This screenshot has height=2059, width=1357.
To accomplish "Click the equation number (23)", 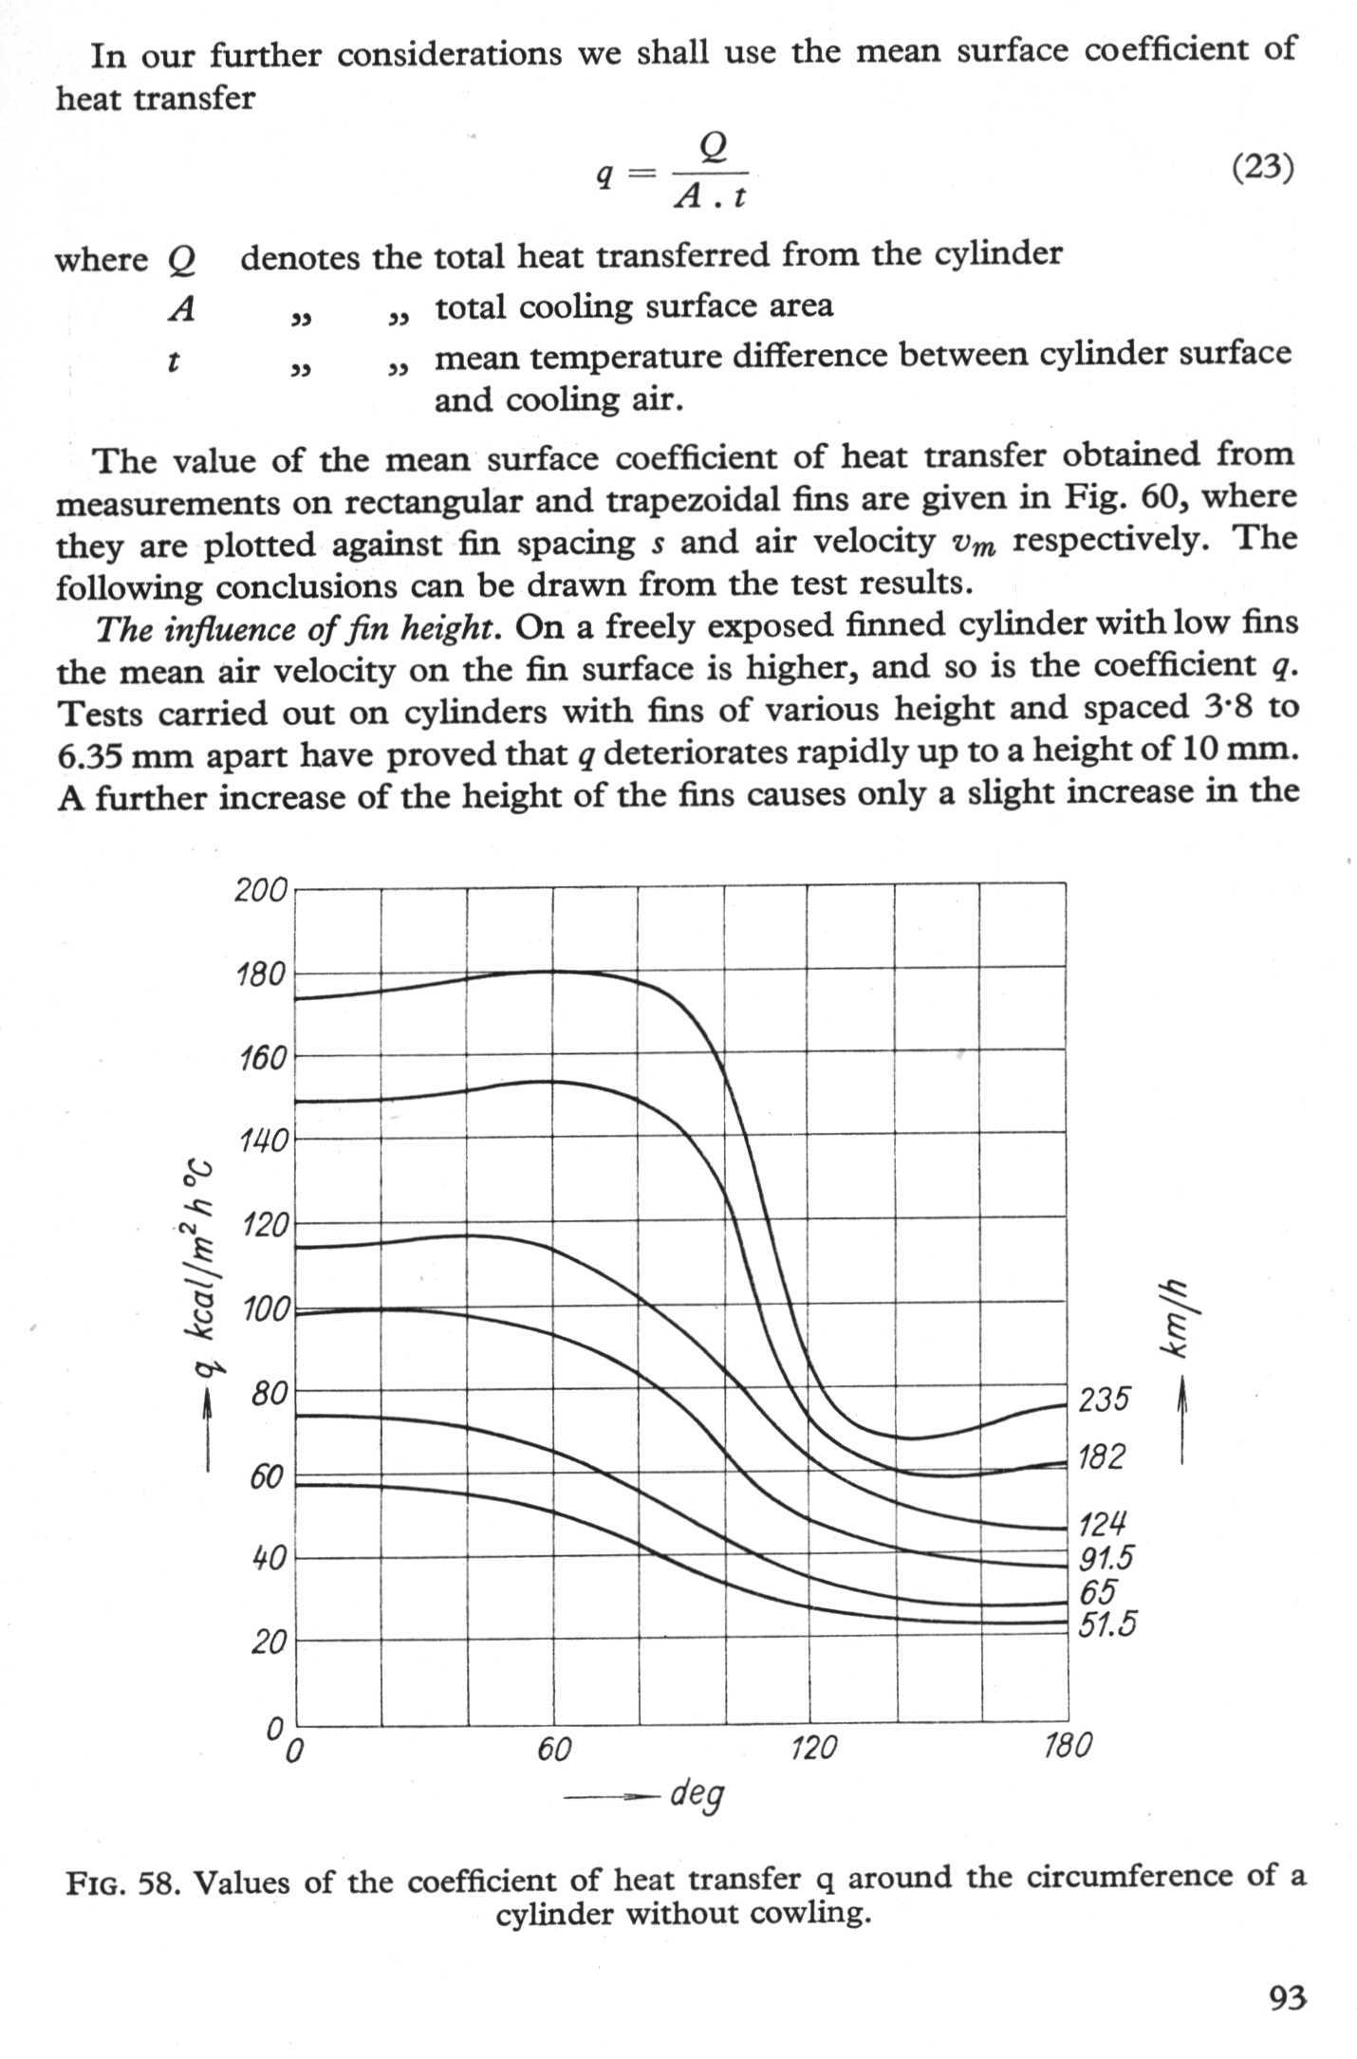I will [x=1262, y=168].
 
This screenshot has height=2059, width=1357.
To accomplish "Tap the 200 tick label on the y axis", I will [x=261, y=890].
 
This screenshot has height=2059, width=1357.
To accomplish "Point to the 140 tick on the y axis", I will [x=263, y=1140].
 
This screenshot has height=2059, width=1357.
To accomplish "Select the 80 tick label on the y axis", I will [x=269, y=1393].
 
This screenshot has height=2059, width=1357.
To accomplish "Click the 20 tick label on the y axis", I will [x=269, y=1642].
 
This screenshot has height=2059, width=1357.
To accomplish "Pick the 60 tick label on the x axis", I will [x=554, y=1748].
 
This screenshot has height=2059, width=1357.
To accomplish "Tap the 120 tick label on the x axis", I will [x=813, y=1747].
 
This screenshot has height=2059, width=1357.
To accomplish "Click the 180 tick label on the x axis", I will [x=1068, y=1745].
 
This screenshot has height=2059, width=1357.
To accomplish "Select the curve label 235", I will [x=1105, y=1399].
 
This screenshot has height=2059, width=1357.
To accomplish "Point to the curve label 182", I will [x=1102, y=1456].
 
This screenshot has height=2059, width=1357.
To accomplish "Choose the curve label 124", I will [x=1103, y=1525].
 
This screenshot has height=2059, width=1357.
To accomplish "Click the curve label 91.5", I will [x=1106, y=1558].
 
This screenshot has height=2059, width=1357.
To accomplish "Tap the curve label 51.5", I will [x=1106, y=1624].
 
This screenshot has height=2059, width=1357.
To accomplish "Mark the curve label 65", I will [x=1098, y=1591].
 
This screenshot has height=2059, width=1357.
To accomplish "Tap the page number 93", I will [x=1288, y=1997].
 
